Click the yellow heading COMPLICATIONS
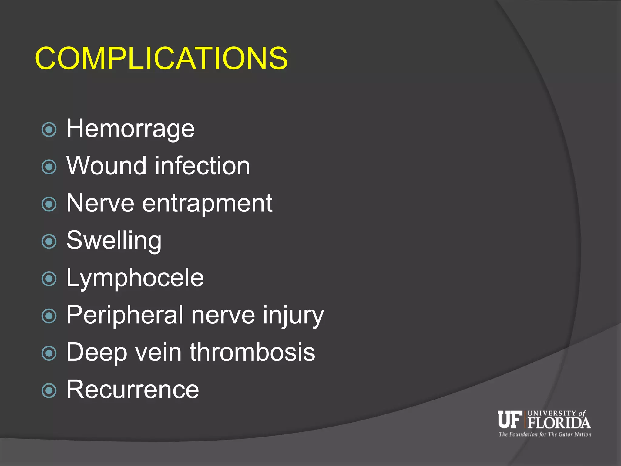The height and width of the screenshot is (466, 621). point(161,58)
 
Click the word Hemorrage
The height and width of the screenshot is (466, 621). point(130,129)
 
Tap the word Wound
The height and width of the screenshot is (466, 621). point(106,166)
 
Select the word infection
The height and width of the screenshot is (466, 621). point(203,166)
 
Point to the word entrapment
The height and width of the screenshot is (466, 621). point(207,203)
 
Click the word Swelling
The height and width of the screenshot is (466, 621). point(114,241)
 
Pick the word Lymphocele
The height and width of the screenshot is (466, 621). point(135,278)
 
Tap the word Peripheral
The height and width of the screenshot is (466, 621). point(125,315)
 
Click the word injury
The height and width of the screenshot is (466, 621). point(293,315)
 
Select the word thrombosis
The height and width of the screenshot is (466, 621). point(252,352)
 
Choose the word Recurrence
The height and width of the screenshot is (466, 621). point(133,390)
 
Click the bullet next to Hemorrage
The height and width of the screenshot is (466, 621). point(49,130)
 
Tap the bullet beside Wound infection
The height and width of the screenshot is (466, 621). point(49,167)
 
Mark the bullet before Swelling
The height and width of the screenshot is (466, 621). point(49,241)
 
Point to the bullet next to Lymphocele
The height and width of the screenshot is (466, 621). point(49,279)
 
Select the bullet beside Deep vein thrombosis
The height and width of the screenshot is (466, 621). point(49,353)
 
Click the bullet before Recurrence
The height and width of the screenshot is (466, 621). point(49,391)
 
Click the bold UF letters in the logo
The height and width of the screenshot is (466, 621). point(509,419)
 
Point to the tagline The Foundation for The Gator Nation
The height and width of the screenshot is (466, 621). point(545,434)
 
